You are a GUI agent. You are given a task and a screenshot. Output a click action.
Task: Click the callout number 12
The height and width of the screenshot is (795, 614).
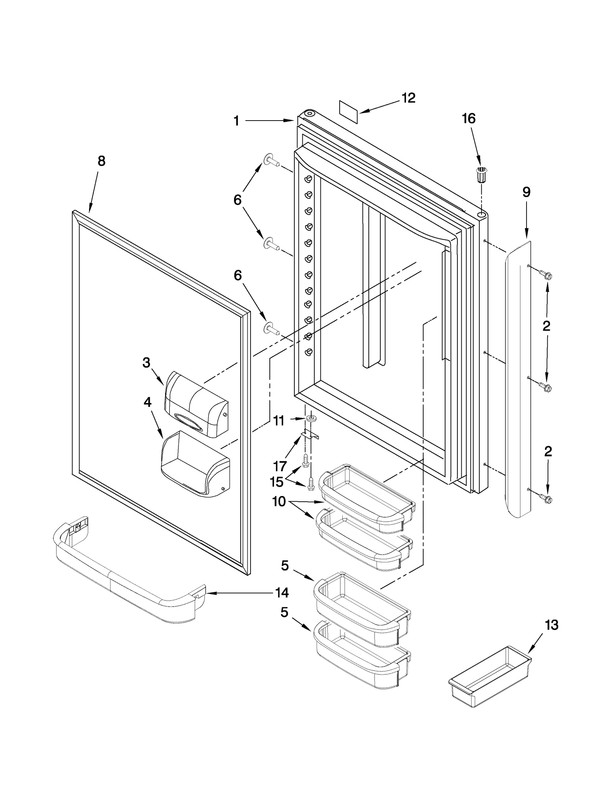[x=409, y=98]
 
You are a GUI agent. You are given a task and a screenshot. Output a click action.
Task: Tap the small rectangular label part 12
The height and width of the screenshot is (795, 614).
[x=348, y=112]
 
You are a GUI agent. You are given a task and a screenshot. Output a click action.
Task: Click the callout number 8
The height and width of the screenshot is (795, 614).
[x=101, y=161]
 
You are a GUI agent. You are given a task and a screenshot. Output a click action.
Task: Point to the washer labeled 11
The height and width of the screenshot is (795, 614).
[x=310, y=418]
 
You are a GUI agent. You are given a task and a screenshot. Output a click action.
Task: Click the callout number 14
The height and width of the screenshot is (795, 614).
[x=282, y=593]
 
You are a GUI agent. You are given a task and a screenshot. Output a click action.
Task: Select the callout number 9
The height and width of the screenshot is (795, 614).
[x=527, y=192]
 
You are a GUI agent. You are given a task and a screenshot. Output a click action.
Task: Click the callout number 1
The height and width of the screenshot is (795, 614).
[x=237, y=121]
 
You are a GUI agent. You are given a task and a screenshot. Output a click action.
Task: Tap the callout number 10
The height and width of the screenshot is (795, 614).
[x=279, y=501]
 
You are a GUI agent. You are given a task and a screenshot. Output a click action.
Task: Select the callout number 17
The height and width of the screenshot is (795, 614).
[x=280, y=466]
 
